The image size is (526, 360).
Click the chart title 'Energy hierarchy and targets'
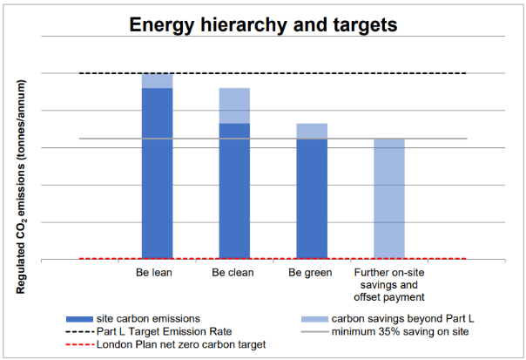263,25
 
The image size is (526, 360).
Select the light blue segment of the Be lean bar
158,80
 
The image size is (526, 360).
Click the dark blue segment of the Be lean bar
158,173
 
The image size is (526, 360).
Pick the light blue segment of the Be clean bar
234,105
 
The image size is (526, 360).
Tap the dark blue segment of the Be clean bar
234,191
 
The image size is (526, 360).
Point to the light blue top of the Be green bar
312,131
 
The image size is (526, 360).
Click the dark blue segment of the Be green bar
312,199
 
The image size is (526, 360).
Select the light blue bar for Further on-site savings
389,199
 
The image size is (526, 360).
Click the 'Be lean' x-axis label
154,272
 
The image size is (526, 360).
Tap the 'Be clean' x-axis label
233,272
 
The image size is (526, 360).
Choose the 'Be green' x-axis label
310,273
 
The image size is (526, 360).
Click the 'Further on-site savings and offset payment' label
389,285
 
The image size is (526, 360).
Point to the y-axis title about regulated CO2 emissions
21,187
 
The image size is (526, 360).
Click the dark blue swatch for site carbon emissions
79,319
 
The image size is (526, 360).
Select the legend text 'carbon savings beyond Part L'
403,319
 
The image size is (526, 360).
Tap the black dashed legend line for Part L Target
80,332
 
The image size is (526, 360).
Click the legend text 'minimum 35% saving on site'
401,332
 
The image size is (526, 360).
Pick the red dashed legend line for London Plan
80,345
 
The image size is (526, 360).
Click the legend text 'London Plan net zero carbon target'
181,344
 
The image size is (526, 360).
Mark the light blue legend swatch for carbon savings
314,319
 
